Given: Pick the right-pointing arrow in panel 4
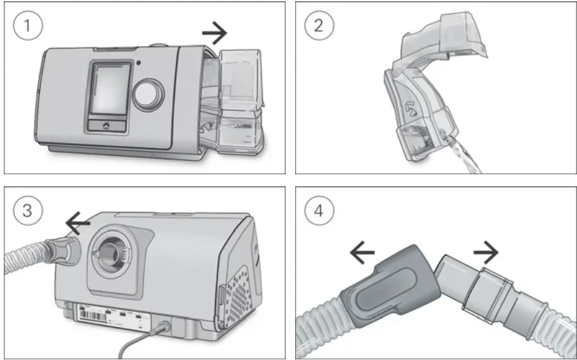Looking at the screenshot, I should click(x=484, y=254).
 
